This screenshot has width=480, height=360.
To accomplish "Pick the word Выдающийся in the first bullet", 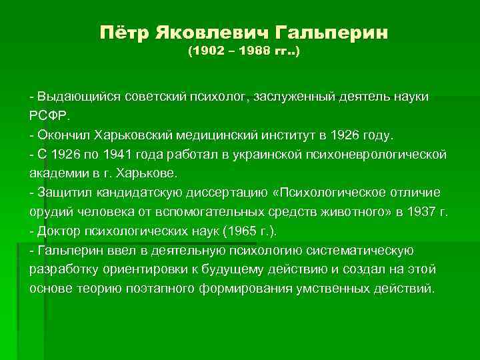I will coord(74,97).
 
